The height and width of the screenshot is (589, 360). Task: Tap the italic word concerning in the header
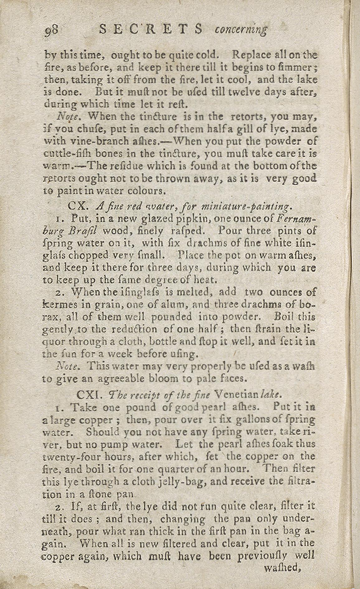click(x=241, y=30)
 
